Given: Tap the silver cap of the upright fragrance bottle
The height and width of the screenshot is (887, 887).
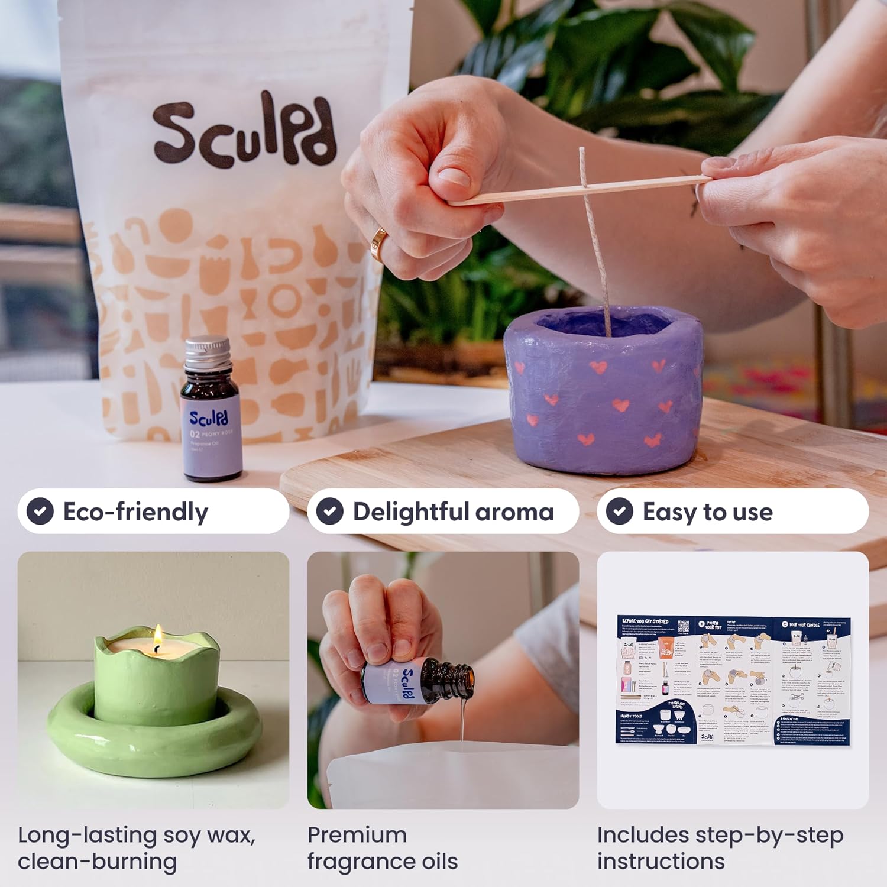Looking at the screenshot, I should (206, 351).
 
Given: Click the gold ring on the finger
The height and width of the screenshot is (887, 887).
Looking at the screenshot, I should (378, 243).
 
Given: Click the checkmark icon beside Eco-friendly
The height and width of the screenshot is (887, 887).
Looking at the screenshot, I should (40, 512).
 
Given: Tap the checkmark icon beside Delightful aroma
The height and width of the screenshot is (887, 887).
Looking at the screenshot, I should (330, 512).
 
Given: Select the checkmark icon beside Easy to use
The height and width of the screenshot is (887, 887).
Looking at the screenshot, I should (620, 512).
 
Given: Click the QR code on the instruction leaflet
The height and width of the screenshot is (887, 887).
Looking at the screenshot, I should (684, 626).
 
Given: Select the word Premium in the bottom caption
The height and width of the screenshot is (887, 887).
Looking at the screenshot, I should (357, 835).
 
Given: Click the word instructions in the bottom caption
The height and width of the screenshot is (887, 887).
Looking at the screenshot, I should (661, 862).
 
